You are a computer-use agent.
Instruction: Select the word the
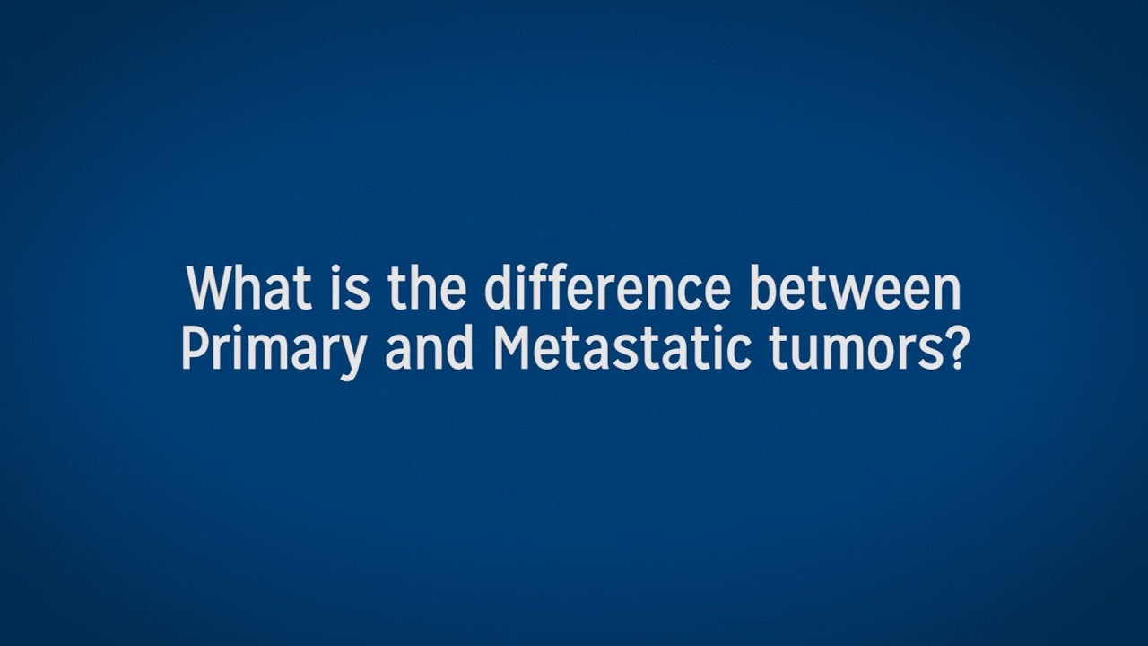(427, 290)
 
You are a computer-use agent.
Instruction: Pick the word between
(869, 290)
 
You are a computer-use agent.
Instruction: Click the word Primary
(274, 351)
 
